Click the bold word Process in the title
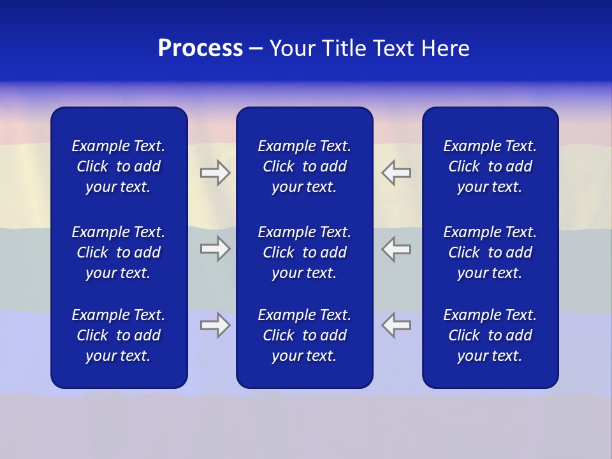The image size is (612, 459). (x=200, y=48)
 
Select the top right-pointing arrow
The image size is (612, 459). (x=215, y=173)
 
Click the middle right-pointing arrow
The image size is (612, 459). (x=215, y=249)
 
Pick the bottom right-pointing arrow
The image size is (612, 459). (x=215, y=325)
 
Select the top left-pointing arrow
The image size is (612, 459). (x=397, y=173)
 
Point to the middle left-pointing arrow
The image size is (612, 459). (x=397, y=249)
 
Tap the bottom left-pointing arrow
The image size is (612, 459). (x=397, y=325)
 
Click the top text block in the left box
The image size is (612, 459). (x=119, y=166)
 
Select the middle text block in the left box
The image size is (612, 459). (x=119, y=252)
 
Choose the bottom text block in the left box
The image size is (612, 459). (x=119, y=335)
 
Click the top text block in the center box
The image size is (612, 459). (x=304, y=166)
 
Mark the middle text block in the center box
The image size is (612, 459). (x=304, y=252)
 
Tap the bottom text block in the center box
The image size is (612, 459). (x=304, y=335)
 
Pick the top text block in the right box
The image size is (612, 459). (x=490, y=166)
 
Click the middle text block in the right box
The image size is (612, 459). (x=490, y=252)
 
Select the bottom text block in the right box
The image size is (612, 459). (x=490, y=335)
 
